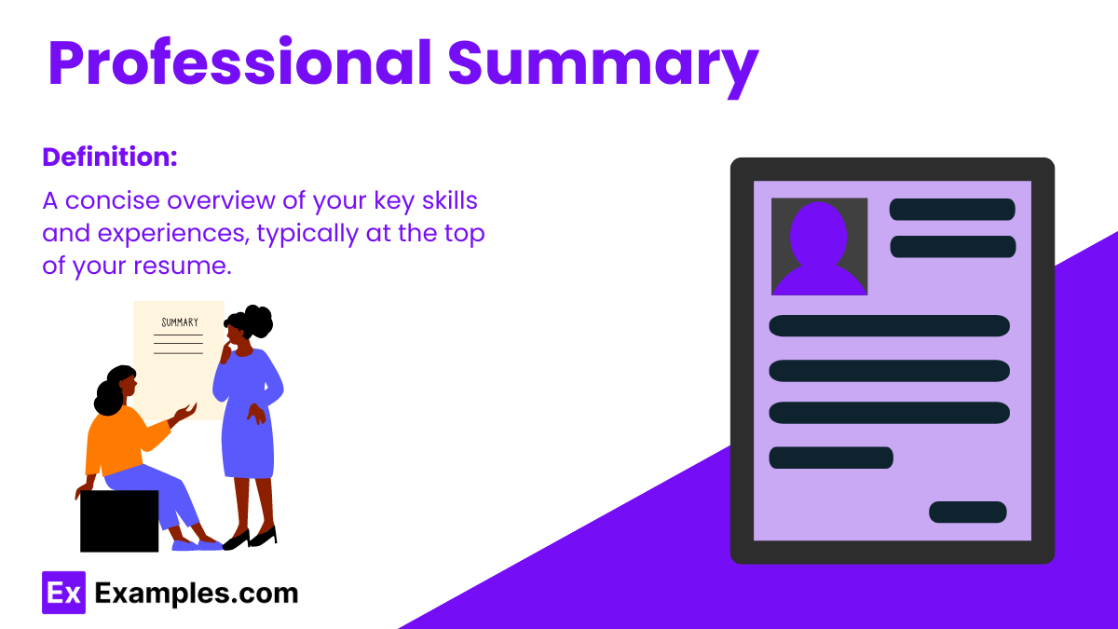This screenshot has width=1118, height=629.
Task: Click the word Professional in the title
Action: click(x=239, y=63)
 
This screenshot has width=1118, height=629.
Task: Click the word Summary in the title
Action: click(x=602, y=63)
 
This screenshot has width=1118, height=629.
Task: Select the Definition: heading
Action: click(x=110, y=157)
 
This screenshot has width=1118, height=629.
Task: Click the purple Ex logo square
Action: click(x=63, y=593)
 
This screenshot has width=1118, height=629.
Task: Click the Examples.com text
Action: click(x=197, y=593)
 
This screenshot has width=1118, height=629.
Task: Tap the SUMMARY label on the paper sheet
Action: click(x=180, y=322)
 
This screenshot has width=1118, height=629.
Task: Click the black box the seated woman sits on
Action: click(x=118, y=521)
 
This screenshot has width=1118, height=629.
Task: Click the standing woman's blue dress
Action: click(x=248, y=419)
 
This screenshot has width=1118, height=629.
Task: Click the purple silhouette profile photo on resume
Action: click(x=819, y=248)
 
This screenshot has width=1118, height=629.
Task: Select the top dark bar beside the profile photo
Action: click(x=951, y=210)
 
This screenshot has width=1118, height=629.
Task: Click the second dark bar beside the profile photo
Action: click(x=951, y=247)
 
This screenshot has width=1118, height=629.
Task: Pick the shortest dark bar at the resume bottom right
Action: click(x=967, y=513)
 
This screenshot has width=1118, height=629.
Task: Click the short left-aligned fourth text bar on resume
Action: click(x=830, y=458)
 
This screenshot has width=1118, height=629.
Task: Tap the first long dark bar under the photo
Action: click(x=889, y=326)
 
